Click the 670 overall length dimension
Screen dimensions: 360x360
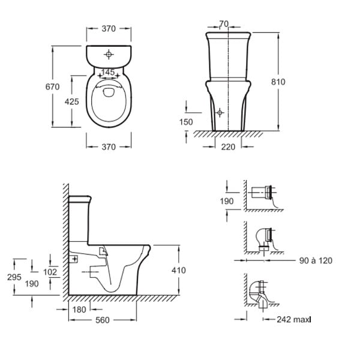tap(52, 87)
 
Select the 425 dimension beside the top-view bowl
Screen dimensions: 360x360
tap(71, 101)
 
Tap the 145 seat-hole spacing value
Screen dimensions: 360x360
tap(108, 73)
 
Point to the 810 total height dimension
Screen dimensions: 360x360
tap(278, 82)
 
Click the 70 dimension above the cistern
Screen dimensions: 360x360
tap(224, 23)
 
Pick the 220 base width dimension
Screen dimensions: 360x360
tap(228, 147)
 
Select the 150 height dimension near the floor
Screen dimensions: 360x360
tap(186, 122)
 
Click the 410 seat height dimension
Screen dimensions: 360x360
tap(179, 270)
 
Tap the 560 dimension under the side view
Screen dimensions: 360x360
tap(103, 320)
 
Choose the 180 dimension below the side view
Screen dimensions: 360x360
tap(79, 310)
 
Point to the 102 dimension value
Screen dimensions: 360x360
tap(50, 272)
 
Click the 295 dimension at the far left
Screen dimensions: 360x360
tap(14, 277)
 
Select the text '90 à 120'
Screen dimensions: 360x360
tap(316, 260)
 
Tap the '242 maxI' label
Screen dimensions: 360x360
tap(294, 319)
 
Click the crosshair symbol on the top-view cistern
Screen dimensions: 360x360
tap(109, 55)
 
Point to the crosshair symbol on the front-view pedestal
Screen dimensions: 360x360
tap(220, 113)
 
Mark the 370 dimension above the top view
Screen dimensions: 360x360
tap(109, 29)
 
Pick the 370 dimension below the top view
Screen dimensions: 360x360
tap(109, 147)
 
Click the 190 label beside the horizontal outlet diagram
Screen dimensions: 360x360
tap(227, 201)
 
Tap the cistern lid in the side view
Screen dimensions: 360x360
tap(80, 199)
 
